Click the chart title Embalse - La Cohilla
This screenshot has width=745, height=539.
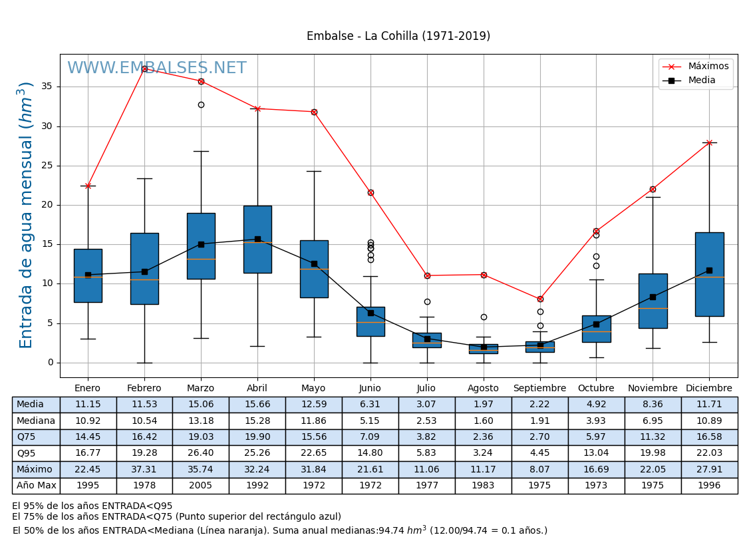[x=398, y=37]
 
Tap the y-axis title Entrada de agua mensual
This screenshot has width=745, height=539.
[x=26, y=214]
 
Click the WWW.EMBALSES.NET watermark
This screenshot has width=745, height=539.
[x=157, y=69]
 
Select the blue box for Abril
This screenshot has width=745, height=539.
[x=257, y=240]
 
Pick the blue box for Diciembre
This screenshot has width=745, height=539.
[x=709, y=274]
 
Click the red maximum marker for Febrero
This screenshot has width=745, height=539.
[x=144, y=69]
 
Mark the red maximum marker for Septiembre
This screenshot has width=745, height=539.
[x=540, y=299]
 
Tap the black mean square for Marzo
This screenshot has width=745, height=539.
[x=201, y=244]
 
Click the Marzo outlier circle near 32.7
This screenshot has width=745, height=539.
[x=201, y=104]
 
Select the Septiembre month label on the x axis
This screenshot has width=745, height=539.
[x=540, y=389]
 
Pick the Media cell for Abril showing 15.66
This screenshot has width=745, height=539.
[x=257, y=405]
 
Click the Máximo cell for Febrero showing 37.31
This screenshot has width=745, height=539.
[x=144, y=469]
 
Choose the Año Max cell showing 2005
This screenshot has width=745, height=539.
[x=201, y=486]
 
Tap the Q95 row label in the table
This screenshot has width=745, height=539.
[x=26, y=453]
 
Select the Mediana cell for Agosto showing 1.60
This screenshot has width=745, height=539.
[x=484, y=421]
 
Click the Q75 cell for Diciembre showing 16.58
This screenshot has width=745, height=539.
[x=709, y=437]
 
